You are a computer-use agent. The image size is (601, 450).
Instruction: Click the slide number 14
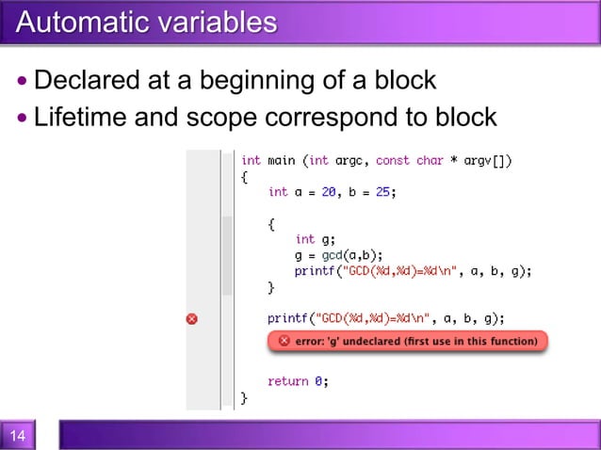coord(18,436)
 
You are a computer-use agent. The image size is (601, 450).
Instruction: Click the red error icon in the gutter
coord(192,318)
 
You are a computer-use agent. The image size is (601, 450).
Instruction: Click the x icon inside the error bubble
coord(284,341)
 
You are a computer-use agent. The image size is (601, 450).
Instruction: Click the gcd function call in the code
coord(332,255)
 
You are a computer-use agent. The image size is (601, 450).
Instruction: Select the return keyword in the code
coord(287,381)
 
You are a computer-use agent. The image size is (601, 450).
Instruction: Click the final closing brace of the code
coord(244,398)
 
